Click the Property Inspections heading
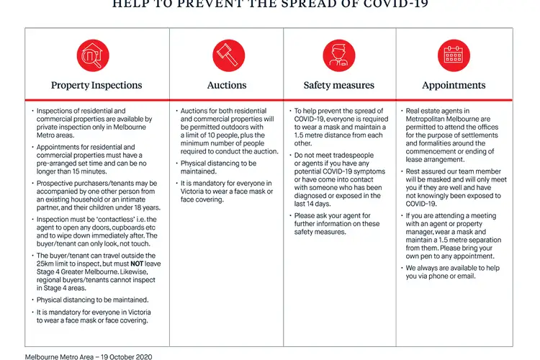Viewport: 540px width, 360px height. click(x=96, y=85)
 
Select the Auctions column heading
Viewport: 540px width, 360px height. click(x=227, y=85)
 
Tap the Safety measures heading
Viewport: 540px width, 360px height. click(x=339, y=85)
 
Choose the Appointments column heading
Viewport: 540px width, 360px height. click(x=454, y=85)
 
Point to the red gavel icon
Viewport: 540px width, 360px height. click(x=227, y=55)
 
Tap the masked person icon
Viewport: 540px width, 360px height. click(x=339, y=55)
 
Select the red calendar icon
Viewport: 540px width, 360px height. click(x=454, y=55)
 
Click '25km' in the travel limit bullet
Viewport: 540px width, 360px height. click(x=47, y=264)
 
